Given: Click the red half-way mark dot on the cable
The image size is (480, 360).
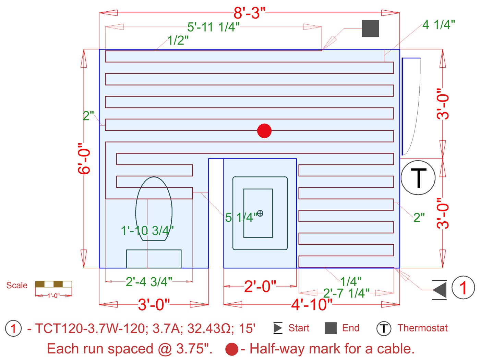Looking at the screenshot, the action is [x=264, y=131].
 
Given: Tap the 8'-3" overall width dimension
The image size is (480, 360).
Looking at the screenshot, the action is [x=249, y=13].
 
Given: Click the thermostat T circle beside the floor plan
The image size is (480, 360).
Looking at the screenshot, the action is [x=418, y=177].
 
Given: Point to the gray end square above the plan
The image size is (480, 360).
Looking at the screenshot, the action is [x=370, y=28].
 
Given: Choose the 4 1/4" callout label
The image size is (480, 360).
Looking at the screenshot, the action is [x=439, y=25].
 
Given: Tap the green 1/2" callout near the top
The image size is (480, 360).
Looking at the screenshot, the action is [x=178, y=40].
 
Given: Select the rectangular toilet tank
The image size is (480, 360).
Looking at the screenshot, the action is [x=154, y=259].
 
